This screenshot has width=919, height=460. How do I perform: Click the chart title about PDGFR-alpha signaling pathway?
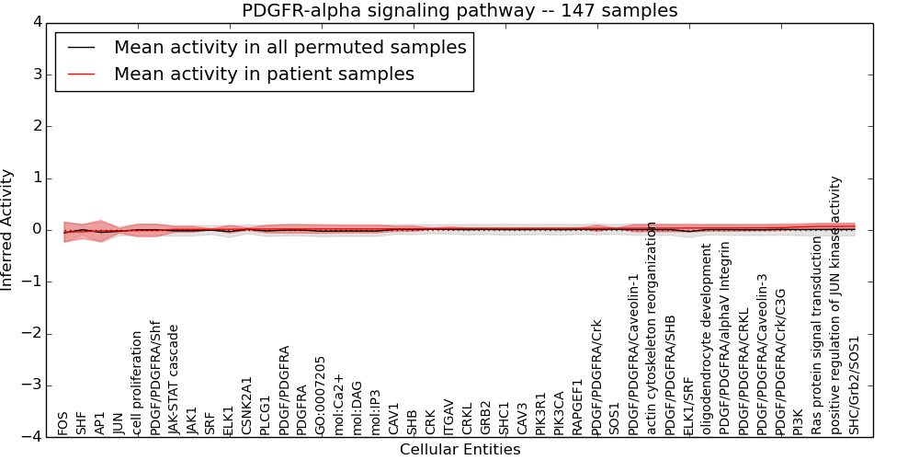pyautogui.click(x=459, y=11)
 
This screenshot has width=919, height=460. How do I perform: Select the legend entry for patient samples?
pyautogui.click(x=264, y=74)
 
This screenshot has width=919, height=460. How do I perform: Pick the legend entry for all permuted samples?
pyautogui.click(x=289, y=47)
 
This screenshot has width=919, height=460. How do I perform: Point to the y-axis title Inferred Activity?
pyautogui.click(x=7, y=230)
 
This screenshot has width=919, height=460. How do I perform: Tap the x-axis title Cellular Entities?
pyautogui.click(x=459, y=450)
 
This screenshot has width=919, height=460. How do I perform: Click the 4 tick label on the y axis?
pyautogui.click(x=36, y=22)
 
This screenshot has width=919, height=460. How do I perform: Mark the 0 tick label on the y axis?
pyautogui.click(x=36, y=230)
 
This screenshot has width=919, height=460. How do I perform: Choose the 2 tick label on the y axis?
pyautogui.click(x=36, y=126)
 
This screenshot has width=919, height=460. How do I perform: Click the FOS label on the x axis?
pyautogui.click(x=62, y=423)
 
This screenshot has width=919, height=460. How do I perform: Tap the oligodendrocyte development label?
pyautogui.click(x=707, y=339)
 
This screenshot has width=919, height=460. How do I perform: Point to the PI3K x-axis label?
pyautogui.click(x=799, y=422)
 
